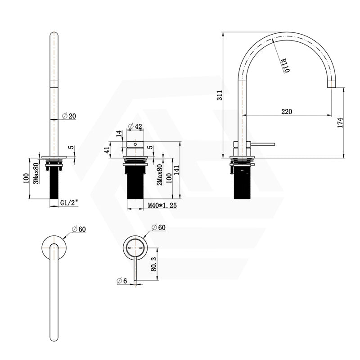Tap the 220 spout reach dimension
coord(287,111)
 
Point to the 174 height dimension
coord(341,122)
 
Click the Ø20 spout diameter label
coord(69,116)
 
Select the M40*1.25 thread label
coord(162,206)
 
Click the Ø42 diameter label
coord(135,126)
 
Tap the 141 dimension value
coord(176,169)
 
